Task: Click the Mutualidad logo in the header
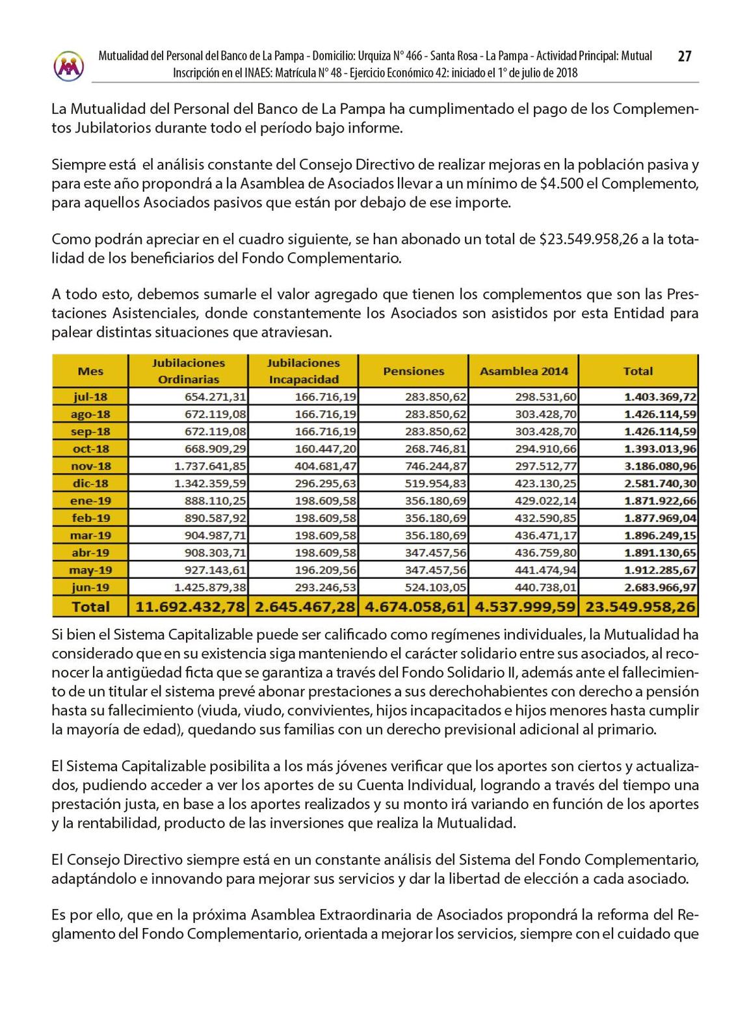[x=69, y=66]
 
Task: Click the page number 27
[x=684, y=57]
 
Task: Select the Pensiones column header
[x=414, y=371]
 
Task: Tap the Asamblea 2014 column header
[x=523, y=371]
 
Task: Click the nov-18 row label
[x=90, y=466]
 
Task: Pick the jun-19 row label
[x=90, y=588]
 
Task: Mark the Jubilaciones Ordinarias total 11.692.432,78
[x=190, y=607]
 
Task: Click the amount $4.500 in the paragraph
[x=561, y=184]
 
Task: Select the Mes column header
[x=90, y=371]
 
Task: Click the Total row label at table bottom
[x=90, y=607]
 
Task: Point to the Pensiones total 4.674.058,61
[x=415, y=607]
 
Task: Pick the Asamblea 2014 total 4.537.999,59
[x=525, y=607]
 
